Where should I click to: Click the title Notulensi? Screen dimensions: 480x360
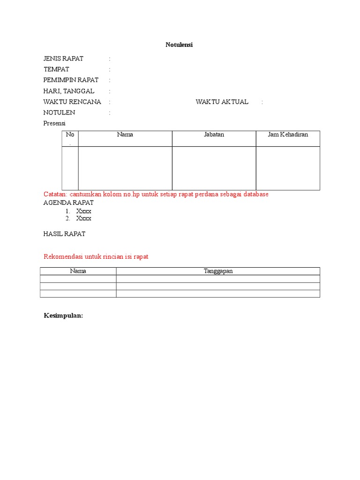(180, 45)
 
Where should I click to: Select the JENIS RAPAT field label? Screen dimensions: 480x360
(63, 59)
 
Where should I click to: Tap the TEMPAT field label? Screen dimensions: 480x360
(56, 69)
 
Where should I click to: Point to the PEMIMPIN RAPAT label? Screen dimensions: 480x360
(71, 80)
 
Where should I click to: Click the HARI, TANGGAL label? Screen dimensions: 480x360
(68, 91)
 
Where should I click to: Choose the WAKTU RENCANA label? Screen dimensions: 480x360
(72, 102)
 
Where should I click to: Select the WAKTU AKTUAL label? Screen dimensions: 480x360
(222, 102)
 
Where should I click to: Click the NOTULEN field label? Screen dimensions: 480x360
(59, 112)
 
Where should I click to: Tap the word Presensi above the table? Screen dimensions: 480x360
(54, 123)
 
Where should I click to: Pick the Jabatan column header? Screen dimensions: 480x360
(214, 135)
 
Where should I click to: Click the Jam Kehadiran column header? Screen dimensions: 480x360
(288, 135)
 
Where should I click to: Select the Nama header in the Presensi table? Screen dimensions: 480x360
(125, 135)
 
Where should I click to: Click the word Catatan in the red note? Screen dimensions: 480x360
(55, 194)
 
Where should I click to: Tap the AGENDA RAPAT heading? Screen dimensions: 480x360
(68, 203)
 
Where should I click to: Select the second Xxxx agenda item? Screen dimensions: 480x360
(84, 218)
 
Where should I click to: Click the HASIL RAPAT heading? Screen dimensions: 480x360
(64, 233)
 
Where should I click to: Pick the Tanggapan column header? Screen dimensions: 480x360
(218, 271)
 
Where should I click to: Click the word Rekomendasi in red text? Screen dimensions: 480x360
(63, 257)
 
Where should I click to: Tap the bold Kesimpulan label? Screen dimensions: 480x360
(63, 316)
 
